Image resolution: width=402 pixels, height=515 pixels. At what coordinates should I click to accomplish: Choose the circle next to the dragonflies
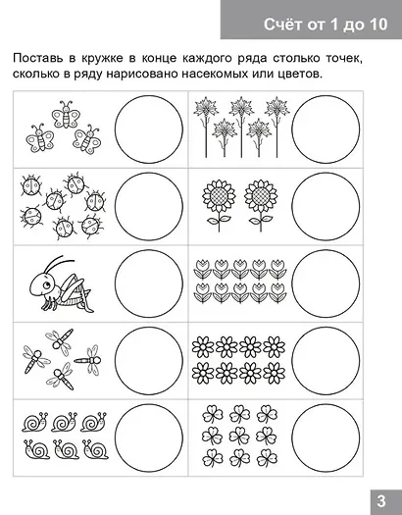pos(149,354)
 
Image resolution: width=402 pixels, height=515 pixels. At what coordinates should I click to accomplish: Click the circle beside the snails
pos(149,431)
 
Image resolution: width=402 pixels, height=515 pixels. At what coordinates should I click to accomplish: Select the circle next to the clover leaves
pos(326,431)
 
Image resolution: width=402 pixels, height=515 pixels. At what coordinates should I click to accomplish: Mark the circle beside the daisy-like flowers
pos(326,354)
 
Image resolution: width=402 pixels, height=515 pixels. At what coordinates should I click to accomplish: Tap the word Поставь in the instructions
pos(42,60)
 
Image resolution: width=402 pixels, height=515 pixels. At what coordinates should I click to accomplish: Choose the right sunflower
pos(259,199)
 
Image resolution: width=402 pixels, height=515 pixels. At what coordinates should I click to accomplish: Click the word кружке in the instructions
pos(110,60)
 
